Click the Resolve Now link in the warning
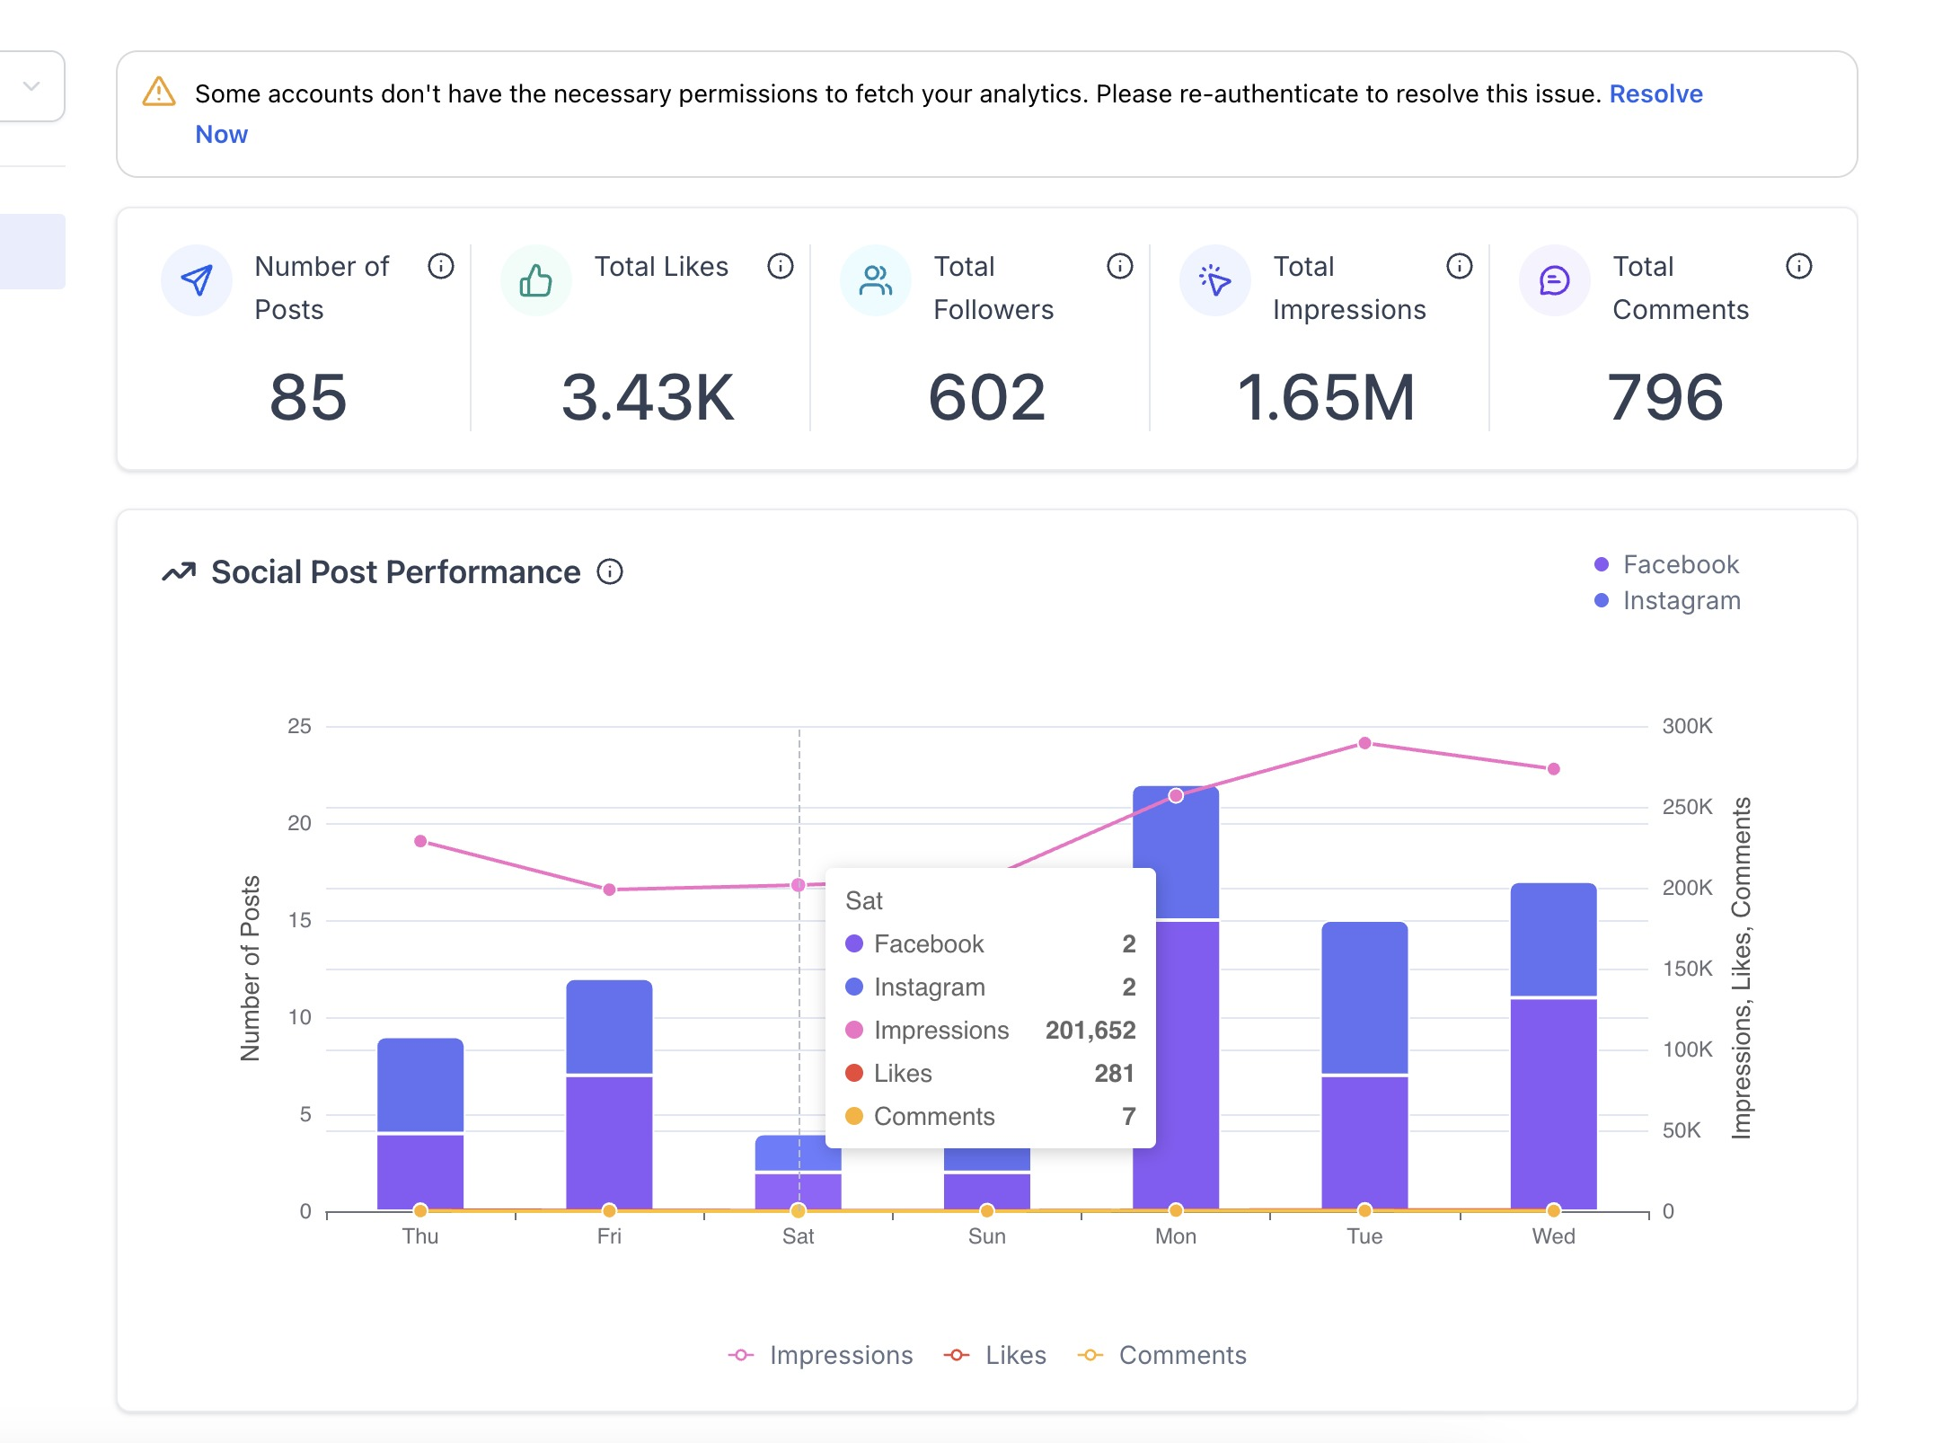pos(1655,94)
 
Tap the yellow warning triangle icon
pos(159,92)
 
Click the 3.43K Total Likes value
pos(648,397)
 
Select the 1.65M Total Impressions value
pos(1326,397)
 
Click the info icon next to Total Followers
pos(1119,266)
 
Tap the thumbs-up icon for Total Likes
pos(536,281)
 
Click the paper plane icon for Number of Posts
pos(197,281)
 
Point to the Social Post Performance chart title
pos(395,572)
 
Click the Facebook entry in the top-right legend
pos(1680,564)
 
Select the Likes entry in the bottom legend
pos(1014,1355)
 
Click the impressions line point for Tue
pos(1364,743)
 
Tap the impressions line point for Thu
pos(420,841)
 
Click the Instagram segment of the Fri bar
pos(609,1026)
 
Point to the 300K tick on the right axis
pos(1687,726)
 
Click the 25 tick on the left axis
pos(299,726)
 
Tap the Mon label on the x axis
pos(1175,1236)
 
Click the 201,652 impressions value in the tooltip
pos(1090,1030)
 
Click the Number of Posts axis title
pos(251,968)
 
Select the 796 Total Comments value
pos(1664,397)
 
